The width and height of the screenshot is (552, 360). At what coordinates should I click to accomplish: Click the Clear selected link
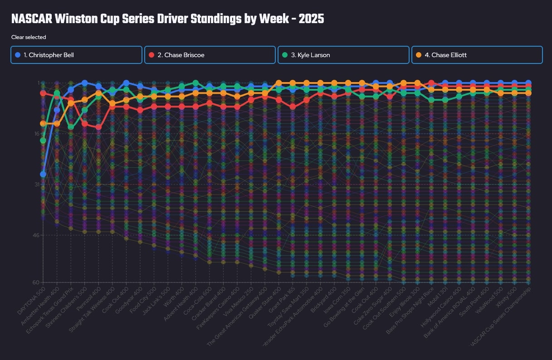pos(29,37)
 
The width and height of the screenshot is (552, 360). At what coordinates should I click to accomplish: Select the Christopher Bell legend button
pos(76,55)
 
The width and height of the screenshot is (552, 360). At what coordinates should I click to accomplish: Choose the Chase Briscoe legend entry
pos(210,55)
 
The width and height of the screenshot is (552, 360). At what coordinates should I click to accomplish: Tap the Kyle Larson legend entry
pos(344,55)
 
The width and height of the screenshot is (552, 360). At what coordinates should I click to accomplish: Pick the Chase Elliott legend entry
pos(477,55)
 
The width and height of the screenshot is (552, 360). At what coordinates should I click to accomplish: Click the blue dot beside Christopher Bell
pos(18,55)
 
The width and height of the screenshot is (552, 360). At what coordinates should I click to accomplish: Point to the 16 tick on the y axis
pos(36,134)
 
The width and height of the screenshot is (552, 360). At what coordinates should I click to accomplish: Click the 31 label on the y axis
pos(36,185)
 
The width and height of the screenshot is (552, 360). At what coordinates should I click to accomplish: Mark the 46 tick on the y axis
pos(36,235)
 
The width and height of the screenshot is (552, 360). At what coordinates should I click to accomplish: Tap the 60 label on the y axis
pos(36,282)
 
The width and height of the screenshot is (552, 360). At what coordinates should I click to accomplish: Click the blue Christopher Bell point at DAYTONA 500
pos(43,174)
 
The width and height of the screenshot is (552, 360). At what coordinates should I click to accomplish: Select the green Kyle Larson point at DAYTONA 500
pos(43,141)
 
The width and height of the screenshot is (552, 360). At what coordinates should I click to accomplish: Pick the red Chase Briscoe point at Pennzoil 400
pos(98,127)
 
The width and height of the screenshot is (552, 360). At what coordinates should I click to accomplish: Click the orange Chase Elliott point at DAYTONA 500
pos(43,123)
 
